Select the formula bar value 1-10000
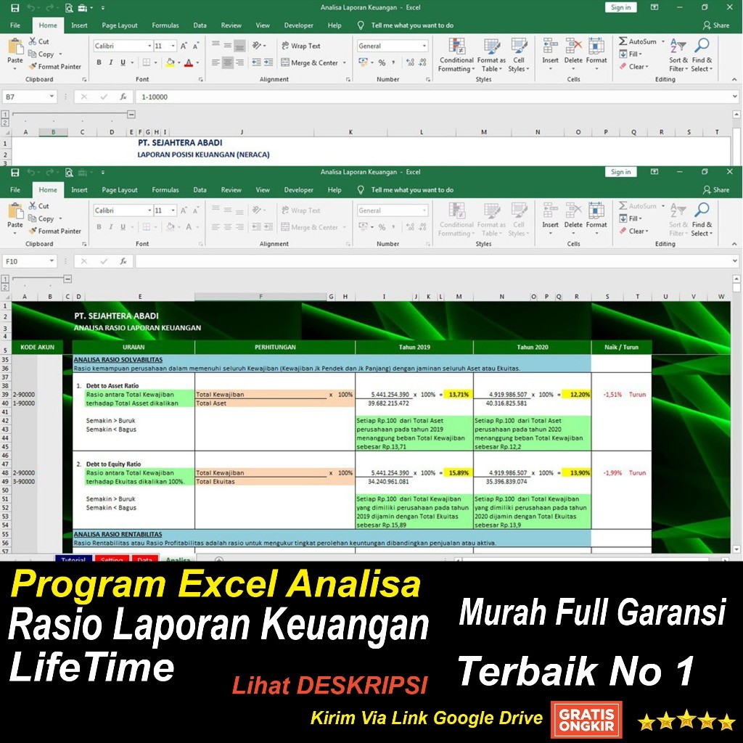click(157, 97)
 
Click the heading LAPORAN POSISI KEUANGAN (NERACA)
click(203, 155)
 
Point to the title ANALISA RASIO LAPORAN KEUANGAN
click(137, 328)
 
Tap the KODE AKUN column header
click(37, 348)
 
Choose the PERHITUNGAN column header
click(274, 348)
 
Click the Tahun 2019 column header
click(414, 348)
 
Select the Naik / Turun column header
click(621, 348)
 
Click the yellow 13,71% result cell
click(459, 395)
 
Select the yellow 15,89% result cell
click(459, 473)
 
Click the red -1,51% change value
click(612, 395)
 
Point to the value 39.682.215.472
click(389, 403)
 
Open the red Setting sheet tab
click(112, 559)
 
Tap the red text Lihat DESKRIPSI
click(329, 684)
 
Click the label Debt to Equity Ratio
click(113, 464)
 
